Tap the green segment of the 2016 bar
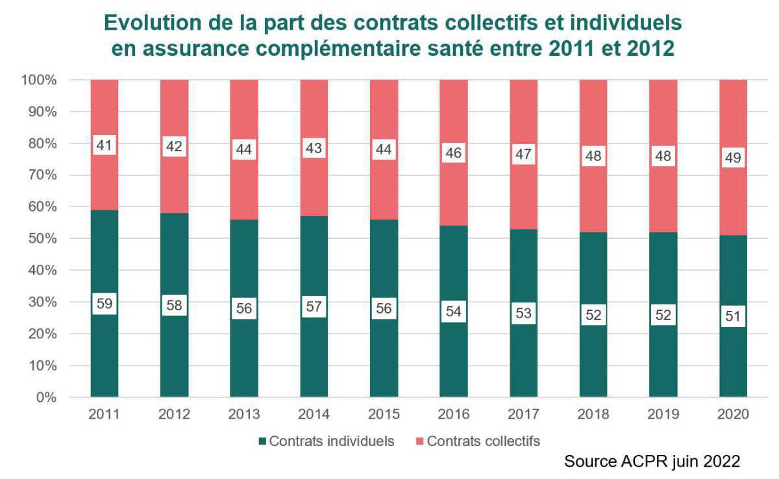pos(454,357)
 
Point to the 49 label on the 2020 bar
pos(734,158)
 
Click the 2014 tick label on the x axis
pos(314,414)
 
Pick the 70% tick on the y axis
pos(42,175)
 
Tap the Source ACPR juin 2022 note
pos(652,461)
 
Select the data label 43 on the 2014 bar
pos(314,148)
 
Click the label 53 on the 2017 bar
pos(523,313)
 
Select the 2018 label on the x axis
pos(593,414)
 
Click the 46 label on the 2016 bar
pos(454,154)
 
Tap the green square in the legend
pos(263,441)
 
